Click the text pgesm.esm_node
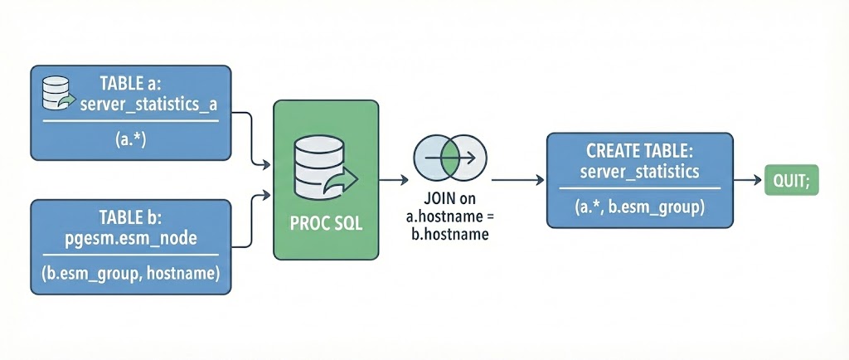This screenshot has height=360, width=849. pyautogui.click(x=130, y=241)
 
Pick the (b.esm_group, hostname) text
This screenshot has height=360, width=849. pyautogui.click(x=130, y=275)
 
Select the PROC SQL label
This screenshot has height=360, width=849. pyautogui.click(x=326, y=224)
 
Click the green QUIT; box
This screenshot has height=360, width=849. pyautogui.click(x=790, y=179)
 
